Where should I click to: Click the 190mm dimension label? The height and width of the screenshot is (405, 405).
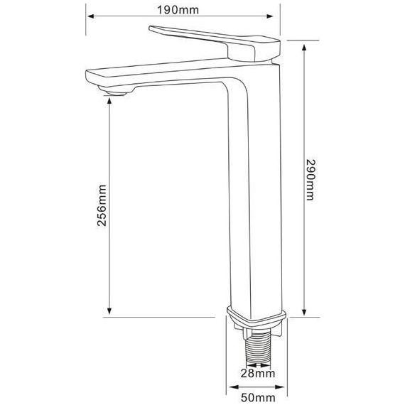[178, 10]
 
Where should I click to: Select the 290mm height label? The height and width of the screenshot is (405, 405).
[310, 180]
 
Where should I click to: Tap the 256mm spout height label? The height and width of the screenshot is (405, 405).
[102, 205]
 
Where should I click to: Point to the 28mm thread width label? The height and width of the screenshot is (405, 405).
[258, 373]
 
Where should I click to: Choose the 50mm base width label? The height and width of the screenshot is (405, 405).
[258, 397]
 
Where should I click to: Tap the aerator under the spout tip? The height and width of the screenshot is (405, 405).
[117, 91]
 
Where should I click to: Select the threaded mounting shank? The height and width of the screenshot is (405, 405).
[258, 347]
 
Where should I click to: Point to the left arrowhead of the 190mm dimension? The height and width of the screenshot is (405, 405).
[90, 16]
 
